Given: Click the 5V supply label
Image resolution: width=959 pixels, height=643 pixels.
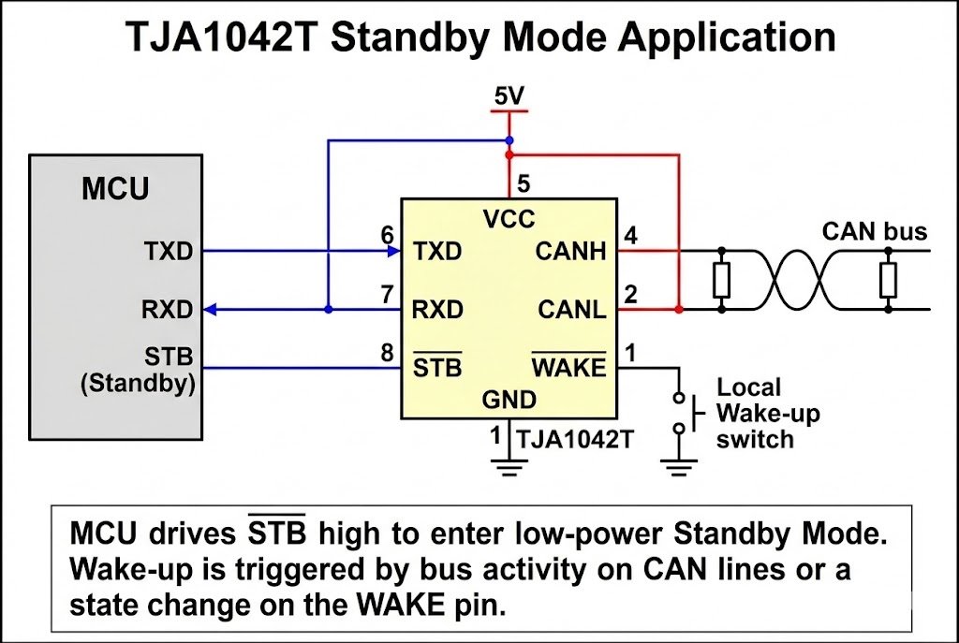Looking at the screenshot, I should pyautogui.click(x=509, y=95).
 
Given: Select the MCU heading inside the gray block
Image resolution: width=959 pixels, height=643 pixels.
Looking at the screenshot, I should pyautogui.click(x=115, y=189).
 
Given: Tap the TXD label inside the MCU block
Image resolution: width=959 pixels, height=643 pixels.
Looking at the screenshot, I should pyautogui.click(x=169, y=251).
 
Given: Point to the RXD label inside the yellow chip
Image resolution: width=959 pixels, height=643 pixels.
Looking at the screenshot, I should pyautogui.click(x=438, y=309).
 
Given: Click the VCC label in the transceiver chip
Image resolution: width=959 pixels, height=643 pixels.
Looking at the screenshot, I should pyautogui.click(x=509, y=220).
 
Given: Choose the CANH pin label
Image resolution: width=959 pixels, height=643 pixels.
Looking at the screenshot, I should pyautogui.click(x=571, y=251).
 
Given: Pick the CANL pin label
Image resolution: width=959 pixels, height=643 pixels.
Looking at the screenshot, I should pyautogui.click(x=571, y=309).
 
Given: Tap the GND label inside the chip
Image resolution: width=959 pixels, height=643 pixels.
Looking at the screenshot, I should pyautogui.click(x=509, y=401).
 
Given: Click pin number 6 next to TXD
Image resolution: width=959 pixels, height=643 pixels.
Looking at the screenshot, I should pyautogui.click(x=388, y=235).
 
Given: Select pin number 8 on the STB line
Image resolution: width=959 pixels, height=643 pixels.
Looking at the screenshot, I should pyautogui.click(x=388, y=353).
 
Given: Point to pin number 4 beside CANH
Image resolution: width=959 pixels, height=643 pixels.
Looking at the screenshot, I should pyautogui.click(x=631, y=235).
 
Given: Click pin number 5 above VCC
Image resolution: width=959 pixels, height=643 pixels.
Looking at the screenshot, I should pyautogui.click(x=524, y=183).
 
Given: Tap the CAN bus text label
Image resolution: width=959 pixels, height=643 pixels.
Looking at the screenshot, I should pyautogui.click(x=874, y=231).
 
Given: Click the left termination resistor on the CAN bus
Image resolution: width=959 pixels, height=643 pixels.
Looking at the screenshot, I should pyautogui.click(x=721, y=279).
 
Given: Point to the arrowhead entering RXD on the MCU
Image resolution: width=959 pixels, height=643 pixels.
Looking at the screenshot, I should pyautogui.click(x=211, y=309).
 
